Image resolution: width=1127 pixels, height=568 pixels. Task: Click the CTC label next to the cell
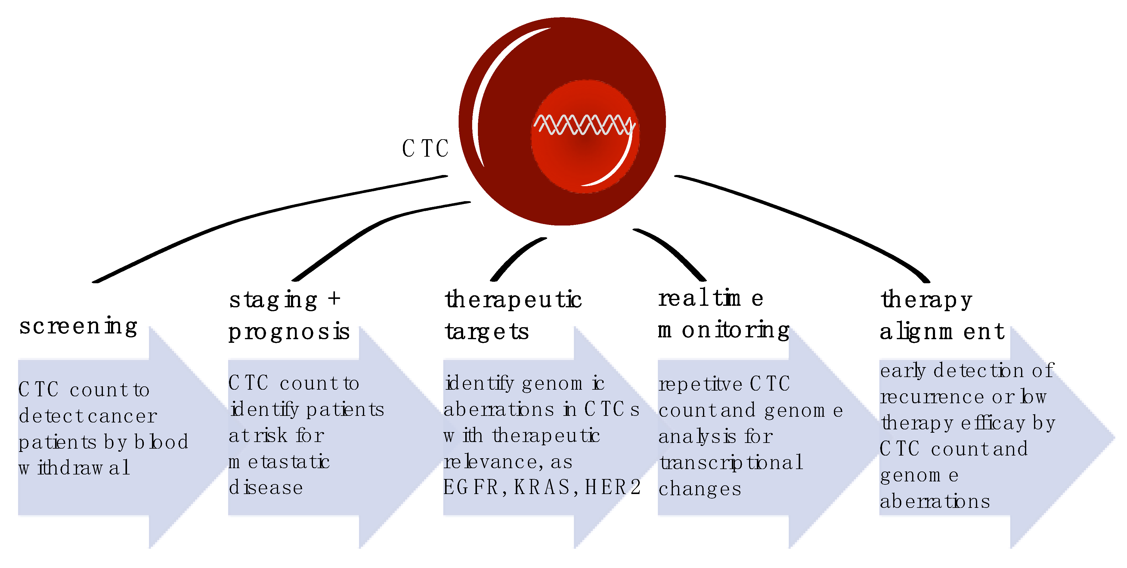coord(425,149)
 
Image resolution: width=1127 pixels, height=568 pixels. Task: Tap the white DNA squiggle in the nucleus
coord(583,124)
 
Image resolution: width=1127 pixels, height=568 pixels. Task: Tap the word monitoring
coord(724,330)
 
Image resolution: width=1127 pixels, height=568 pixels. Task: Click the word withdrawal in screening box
coord(74,468)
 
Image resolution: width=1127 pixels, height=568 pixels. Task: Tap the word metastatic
coord(279,462)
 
